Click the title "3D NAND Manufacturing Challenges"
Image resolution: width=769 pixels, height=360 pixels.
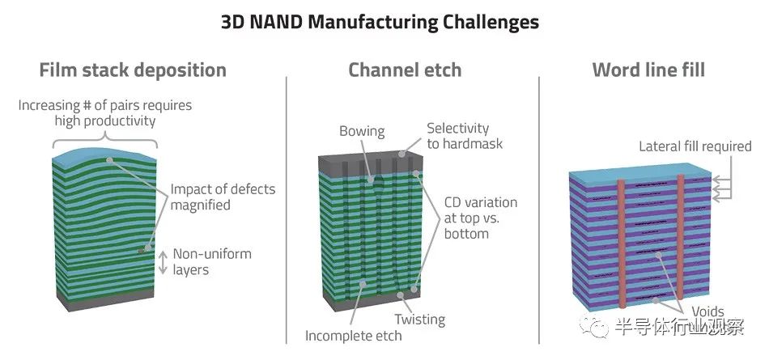tap(380, 22)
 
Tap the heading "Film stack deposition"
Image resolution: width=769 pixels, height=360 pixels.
tap(133, 70)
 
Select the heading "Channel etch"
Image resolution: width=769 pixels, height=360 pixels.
tap(405, 70)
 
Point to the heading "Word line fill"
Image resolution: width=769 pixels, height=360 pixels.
tap(648, 70)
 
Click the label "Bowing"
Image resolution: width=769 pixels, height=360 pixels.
tap(362, 131)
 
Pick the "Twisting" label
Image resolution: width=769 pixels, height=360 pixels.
tap(420, 320)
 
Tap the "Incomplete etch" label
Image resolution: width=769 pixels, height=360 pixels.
tap(353, 336)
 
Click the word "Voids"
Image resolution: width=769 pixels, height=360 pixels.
tap(707, 311)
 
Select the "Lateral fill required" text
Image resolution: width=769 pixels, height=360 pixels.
tap(695, 146)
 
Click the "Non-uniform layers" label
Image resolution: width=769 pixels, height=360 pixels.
tap(212, 261)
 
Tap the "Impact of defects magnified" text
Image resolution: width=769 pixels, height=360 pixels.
tap(223, 197)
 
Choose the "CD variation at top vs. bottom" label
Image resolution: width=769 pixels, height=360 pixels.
tap(481, 218)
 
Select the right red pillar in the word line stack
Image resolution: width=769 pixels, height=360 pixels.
tap(681, 236)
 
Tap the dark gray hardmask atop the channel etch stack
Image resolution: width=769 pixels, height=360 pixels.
tap(370, 163)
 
